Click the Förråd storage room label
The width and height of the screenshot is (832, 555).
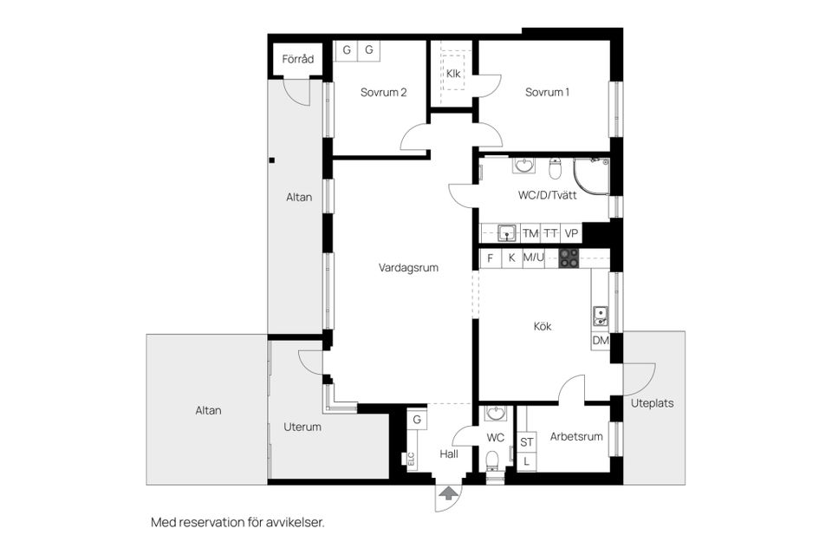click(297, 59)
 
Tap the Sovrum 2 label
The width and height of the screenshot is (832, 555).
click(383, 93)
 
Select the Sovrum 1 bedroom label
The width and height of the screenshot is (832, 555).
click(547, 93)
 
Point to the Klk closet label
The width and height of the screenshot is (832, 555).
click(453, 74)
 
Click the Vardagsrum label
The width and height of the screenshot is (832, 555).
click(408, 268)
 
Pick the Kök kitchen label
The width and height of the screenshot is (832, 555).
click(543, 327)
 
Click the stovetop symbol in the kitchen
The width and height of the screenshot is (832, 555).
click(569, 258)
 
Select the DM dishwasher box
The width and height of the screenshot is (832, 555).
click(601, 341)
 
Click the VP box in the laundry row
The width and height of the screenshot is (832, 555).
click(571, 233)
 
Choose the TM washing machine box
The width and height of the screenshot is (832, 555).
click(530, 233)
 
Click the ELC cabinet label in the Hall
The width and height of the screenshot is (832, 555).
click(412, 460)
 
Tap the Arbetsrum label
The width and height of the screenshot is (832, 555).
click(576, 437)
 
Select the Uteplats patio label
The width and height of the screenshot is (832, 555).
click(652, 403)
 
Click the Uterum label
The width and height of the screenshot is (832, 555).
click(302, 427)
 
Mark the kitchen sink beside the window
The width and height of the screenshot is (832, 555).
click(600, 314)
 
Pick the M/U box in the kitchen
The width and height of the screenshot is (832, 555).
click(533, 258)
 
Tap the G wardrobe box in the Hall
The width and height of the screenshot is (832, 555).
click(417, 420)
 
